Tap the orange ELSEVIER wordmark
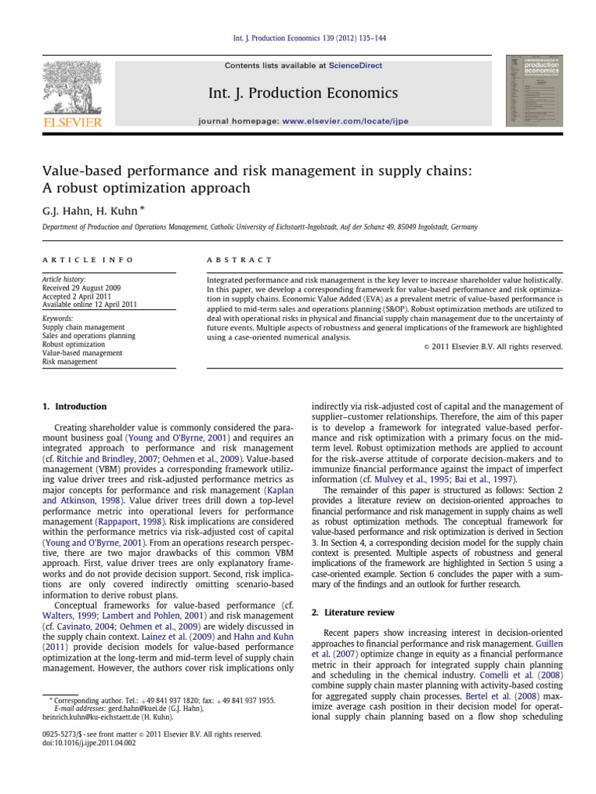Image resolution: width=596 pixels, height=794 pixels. pos(72,122)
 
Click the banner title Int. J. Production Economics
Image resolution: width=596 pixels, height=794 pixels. pos(303,94)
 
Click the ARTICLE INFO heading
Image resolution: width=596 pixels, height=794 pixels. pos(88,260)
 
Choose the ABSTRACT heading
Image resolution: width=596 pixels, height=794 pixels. pos(239,260)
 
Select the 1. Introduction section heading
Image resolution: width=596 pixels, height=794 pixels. pos(74,406)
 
